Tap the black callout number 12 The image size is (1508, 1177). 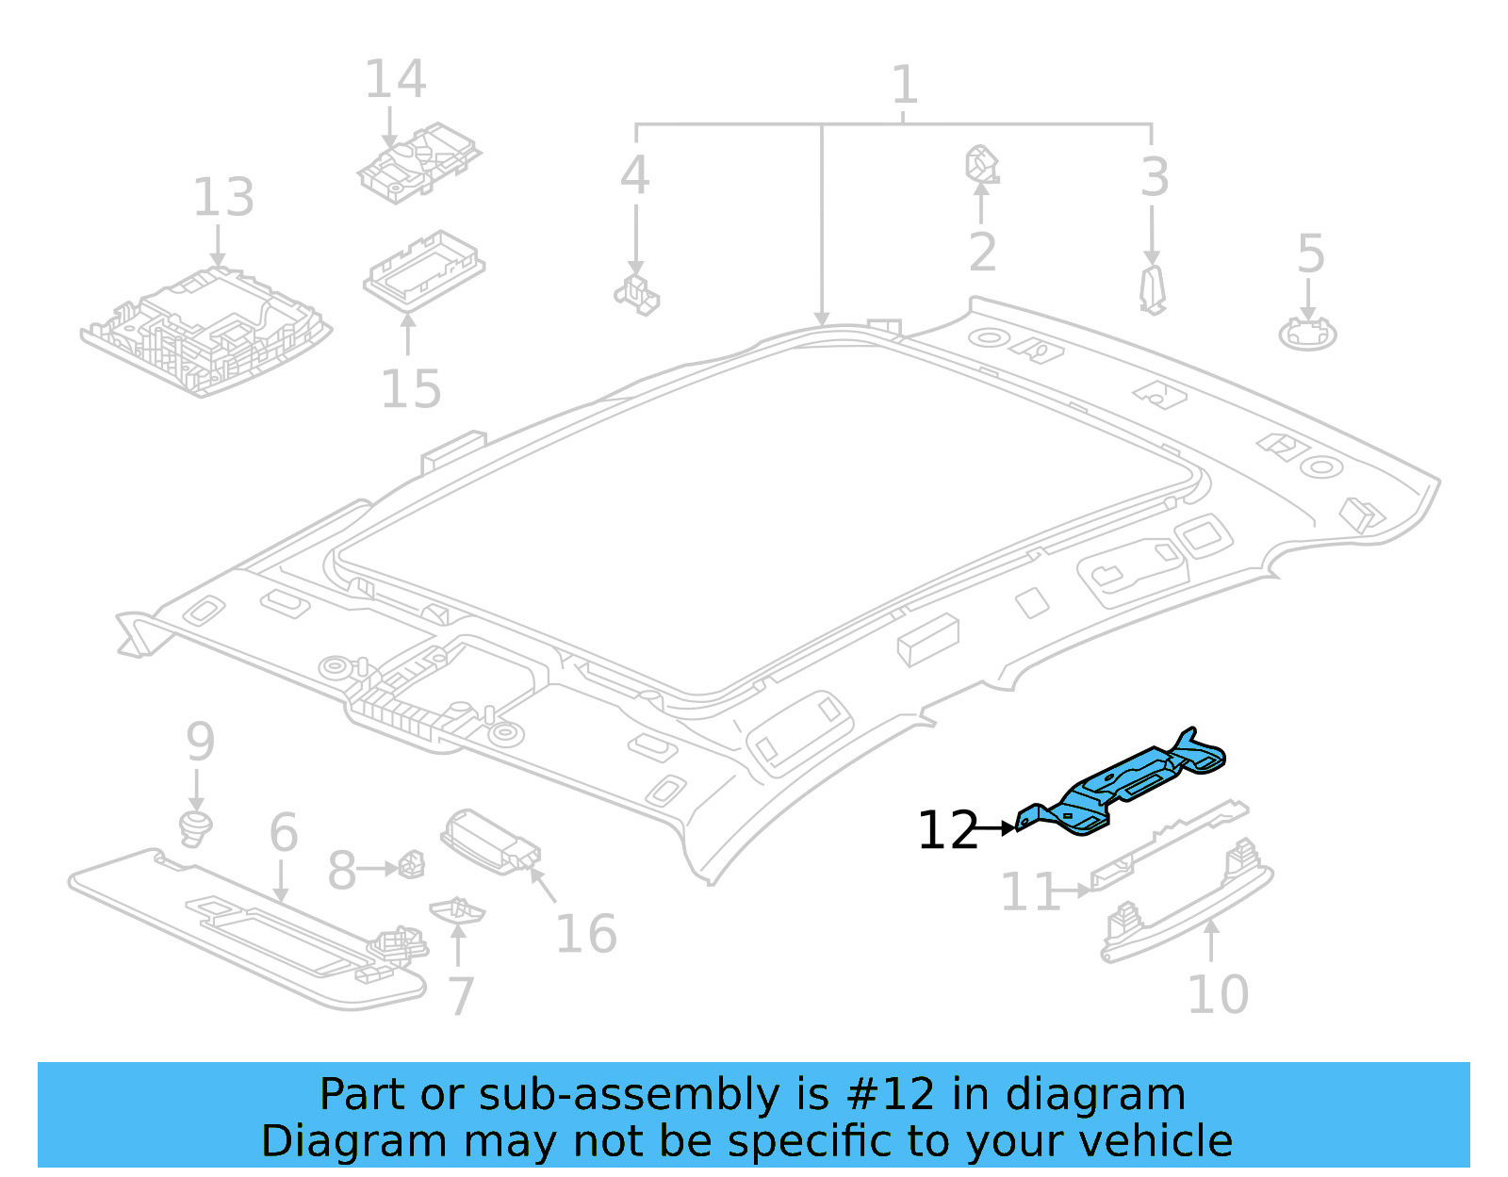(948, 830)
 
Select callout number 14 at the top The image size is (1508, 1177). (395, 79)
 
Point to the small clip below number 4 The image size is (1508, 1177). (638, 294)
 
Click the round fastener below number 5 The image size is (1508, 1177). (1307, 333)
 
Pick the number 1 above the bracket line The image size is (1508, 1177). (904, 86)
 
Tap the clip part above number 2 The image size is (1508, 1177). (981, 164)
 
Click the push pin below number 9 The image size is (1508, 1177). (195, 826)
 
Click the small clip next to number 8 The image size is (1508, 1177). (412, 863)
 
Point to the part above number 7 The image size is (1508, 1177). (457, 909)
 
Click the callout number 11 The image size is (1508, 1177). (1029, 891)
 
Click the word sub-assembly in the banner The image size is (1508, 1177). (629, 1094)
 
